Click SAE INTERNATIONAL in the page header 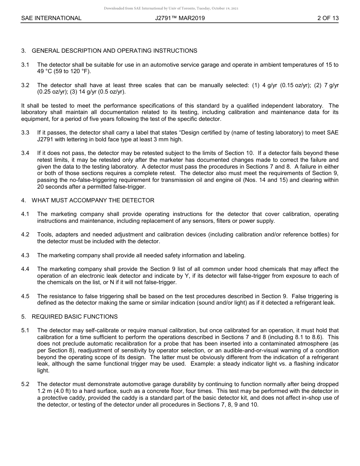pos(51,18)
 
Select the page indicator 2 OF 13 pos(328,18)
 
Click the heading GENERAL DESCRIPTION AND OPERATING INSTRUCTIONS pos(114,51)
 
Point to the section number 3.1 pos(25,65)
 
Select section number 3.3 pos(25,133)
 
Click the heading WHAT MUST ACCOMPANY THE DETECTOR pos(93,200)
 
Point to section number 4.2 pos(25,235)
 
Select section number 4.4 pos(25,269)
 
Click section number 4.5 pos(25,296)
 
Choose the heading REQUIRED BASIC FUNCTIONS pos(75,317)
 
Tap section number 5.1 pos(25,330)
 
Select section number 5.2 pos(25,384)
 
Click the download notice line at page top pos(171,8)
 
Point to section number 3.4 pos(25,153)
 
